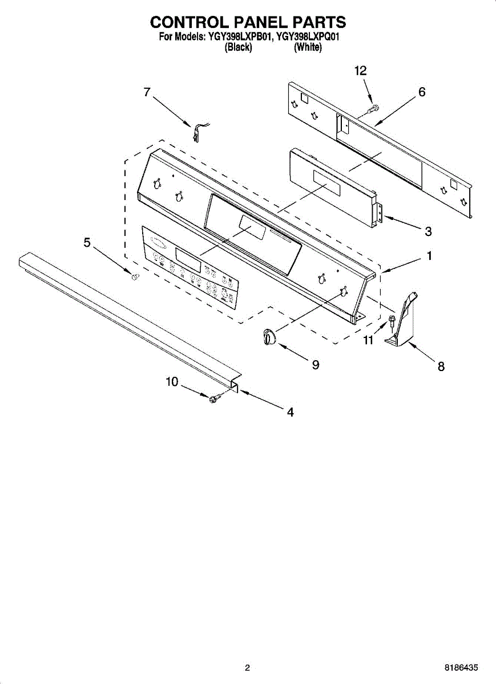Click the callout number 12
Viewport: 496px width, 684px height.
(360, 71)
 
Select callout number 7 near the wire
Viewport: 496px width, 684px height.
(147, 92)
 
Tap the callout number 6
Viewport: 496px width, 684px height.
(422, 92)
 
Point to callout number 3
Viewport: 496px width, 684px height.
(428, 231)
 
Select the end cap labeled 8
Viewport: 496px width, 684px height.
(404, 322)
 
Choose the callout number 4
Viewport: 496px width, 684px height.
(290, 412)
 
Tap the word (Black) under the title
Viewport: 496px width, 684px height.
(239, 48)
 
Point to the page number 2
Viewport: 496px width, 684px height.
(247, 667)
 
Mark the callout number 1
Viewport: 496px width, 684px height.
(428, 256)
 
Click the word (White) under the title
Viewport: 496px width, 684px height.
(308, 48)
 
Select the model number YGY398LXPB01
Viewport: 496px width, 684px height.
(239, 38)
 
